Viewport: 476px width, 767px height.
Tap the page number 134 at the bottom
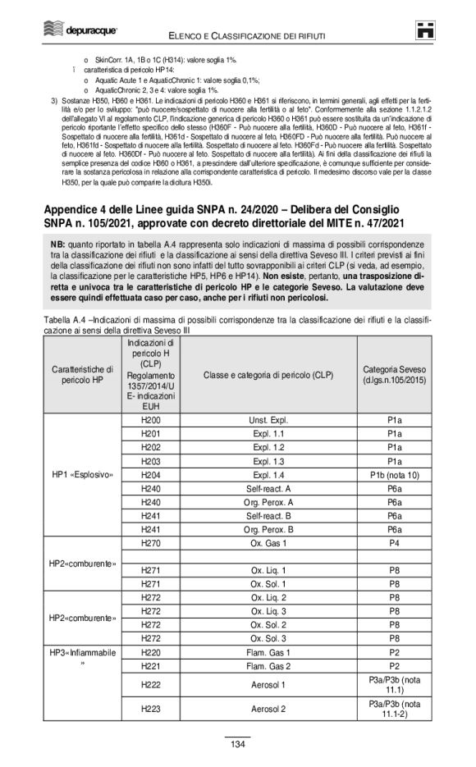pos(237,744)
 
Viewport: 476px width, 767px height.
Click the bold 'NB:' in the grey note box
pos(57,245)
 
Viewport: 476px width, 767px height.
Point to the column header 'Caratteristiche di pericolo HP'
pos(86,375)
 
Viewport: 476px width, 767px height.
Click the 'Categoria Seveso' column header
pos(394,375)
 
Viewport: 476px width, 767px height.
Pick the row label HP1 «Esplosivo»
pos(86,475)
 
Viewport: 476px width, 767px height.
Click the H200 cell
pos(150,419)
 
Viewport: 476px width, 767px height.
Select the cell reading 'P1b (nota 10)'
pos(394,475)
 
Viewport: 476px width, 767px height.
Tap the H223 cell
pos(150,708)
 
